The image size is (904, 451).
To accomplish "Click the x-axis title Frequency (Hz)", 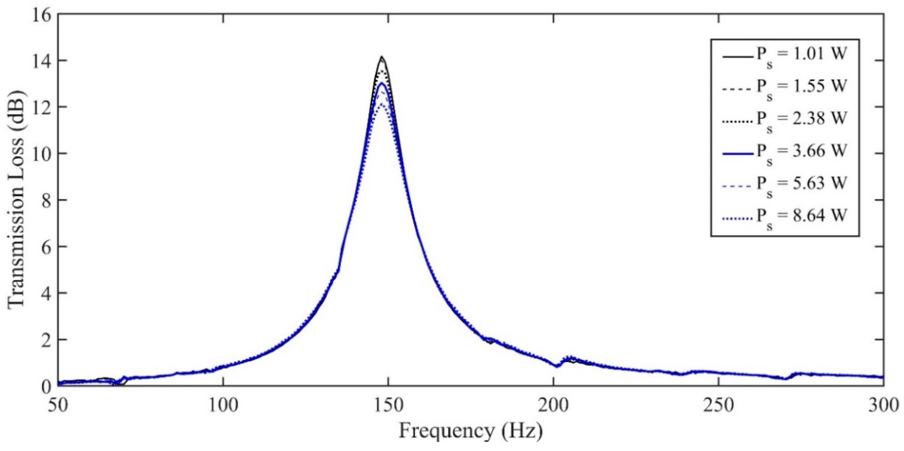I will pyautogui.click(x=470, y=431).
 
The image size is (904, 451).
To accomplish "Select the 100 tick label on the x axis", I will pyautogui.click(x=223, y=406).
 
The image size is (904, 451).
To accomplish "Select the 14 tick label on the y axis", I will pyautogui.click(x=41, y=61).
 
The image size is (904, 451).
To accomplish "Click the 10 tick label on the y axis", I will pyautogui.click(x=41, y=154).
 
